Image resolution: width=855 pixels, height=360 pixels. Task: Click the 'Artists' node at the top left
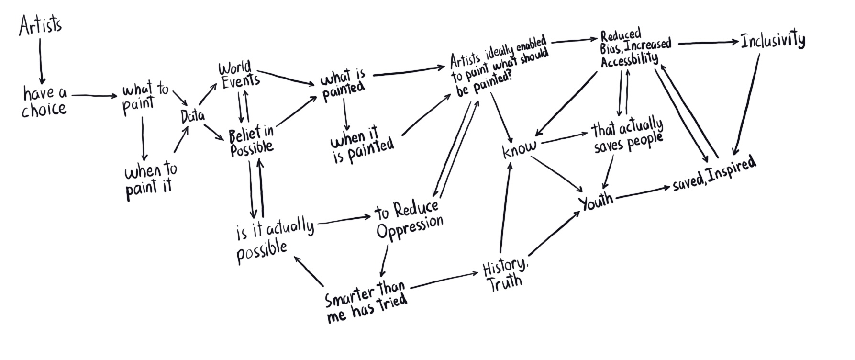pos(40,25)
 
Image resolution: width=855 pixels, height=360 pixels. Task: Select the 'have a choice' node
pos(44,101)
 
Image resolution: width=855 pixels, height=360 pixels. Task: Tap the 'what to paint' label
pos(144,98)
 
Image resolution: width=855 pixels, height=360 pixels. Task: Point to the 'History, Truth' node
pos(505,273)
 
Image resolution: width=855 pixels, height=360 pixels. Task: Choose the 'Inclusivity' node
pos(772,40)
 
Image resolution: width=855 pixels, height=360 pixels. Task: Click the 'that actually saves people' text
pos(627,135)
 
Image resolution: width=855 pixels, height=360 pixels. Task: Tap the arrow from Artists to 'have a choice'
pos(41,60)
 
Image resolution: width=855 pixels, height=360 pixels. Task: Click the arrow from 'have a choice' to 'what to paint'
pos(94,96)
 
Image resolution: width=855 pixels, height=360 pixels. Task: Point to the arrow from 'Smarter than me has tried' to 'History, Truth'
pos(445,281)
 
